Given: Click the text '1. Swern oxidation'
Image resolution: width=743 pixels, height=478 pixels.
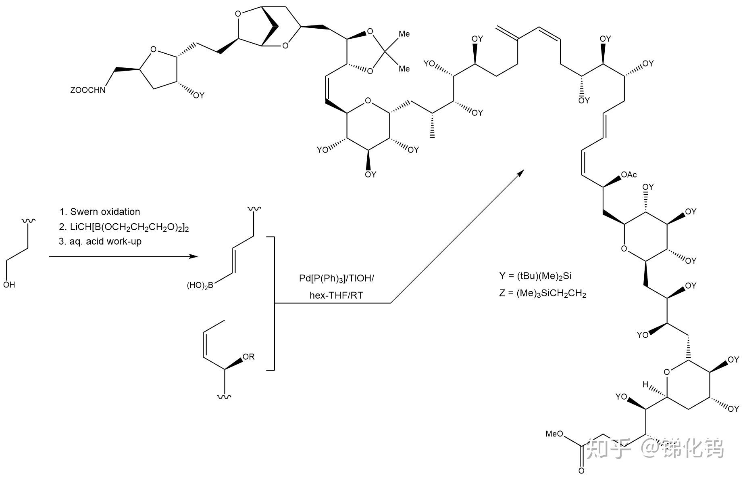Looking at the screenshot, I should coord(100,212).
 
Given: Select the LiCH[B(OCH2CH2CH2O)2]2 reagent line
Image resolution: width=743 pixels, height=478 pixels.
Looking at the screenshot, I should coord(124,227).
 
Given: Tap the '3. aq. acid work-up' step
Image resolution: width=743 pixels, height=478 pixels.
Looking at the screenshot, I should coord(100,241).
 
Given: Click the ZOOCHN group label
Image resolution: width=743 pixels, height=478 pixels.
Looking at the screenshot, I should coord(87,90).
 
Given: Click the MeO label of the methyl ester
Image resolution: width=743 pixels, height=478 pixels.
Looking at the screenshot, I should coord(554,434).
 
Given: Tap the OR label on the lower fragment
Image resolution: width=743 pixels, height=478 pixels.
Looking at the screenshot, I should coord(248,357).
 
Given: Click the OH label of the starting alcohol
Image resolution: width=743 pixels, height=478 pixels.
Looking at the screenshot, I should coord(9,285).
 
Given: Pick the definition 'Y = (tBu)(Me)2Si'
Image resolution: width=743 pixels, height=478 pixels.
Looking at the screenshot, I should coord(535,276).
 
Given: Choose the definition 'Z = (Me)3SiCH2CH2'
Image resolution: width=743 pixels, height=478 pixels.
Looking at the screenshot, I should coord(543,294).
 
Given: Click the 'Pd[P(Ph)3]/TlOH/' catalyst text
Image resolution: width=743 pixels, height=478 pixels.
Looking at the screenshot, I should coord(336,279).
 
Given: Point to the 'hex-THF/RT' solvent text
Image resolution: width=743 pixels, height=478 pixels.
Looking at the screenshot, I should coord(336,296).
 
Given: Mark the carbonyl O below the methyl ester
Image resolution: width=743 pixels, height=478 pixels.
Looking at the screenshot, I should coord(581,471).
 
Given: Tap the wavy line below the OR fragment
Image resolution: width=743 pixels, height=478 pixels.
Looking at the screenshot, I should coord(224,397).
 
